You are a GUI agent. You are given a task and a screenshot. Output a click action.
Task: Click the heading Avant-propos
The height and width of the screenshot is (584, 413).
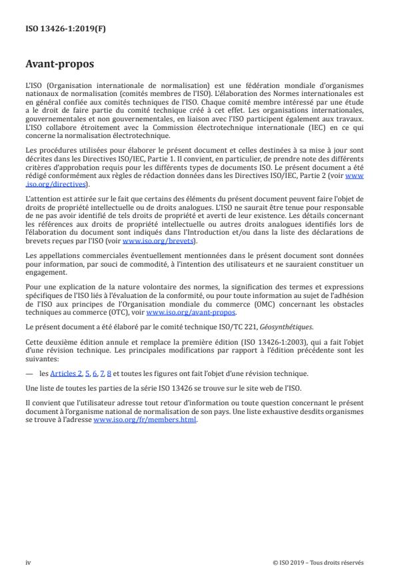click(59, 65)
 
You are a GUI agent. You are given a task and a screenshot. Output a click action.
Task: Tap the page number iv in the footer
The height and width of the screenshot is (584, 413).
click(28, 562)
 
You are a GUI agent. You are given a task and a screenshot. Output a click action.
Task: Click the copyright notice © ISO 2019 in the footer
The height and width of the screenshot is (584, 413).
click(318, 562)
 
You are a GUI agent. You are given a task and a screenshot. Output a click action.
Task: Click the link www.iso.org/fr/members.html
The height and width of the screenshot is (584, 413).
click(145, 420)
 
